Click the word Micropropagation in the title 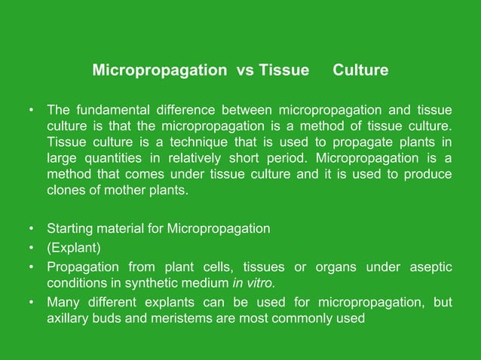(159, 71)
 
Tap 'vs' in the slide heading (245, 71)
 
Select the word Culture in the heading (360, 71)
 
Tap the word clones (66, 191)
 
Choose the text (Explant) (74, 248)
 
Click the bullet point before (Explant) (31, 248)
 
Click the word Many (63, 302)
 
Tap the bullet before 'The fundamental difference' (31, 111)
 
